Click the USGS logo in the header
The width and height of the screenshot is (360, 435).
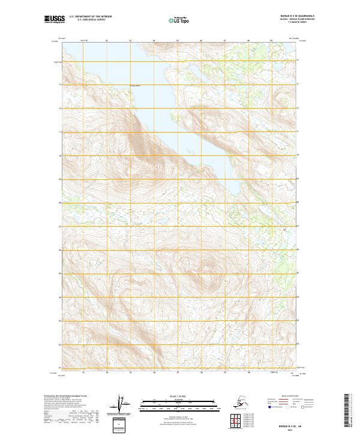click(54, 20)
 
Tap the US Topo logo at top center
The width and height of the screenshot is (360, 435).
click(178, 20)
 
